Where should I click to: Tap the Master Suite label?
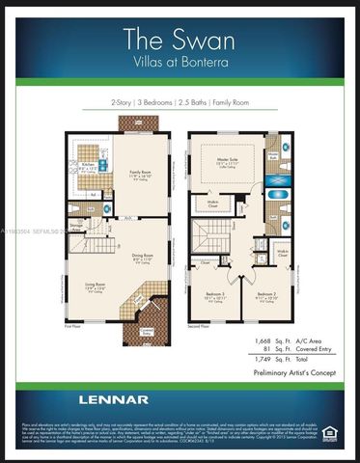229,161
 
